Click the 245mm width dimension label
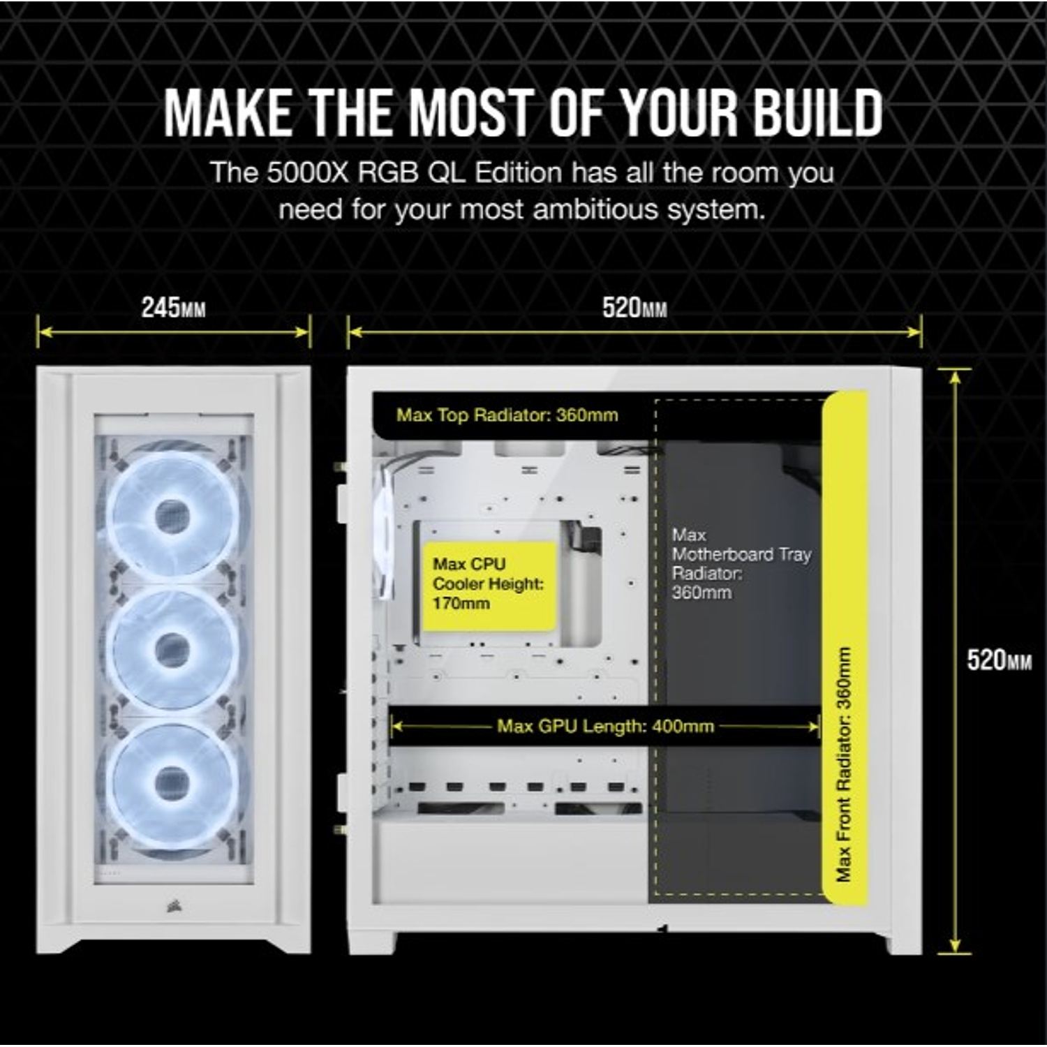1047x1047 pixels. pyautogui.click(x=173, y=308)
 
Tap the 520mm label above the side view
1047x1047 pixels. pyautogui.click(x=634, y=308)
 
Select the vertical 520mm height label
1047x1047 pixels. pyautogui.click(x=998, y=660)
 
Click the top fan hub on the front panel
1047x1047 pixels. pyautogui.click(x=172, y=517)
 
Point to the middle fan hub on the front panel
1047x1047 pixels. pyautogui.click(x=172, y=651)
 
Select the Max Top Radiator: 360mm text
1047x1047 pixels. pyautogui.click(x=507, y=415)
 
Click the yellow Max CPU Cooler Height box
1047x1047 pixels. pyautogui.click(x=489, y=585)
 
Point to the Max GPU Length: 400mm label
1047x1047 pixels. pyautogui.click(x=605, y=727)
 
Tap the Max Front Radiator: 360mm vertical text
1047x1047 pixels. pyautogui.click(x=844, y=764)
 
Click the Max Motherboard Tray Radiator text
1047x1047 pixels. pyautogui.click(x=740, y=564)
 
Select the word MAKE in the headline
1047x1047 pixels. pyautogui.click(x=228, y=114)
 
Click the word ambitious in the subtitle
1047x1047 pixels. pyautogui.click(x=595, y=209)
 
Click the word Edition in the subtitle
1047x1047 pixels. pyautogui.click(x=518, y=173)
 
